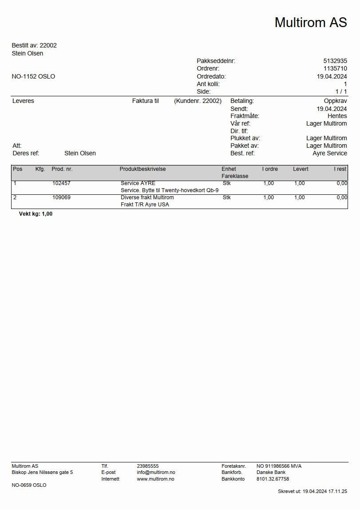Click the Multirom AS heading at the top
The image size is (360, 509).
pos(310,22)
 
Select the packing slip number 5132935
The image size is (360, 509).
pos(335,61)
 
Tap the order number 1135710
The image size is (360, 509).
pos(335,68)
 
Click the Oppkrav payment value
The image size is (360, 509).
pos(335,101)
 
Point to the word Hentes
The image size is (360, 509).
pos(337,116)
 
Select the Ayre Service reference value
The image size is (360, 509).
pos(330,153)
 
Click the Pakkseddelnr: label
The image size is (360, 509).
pos(216,61)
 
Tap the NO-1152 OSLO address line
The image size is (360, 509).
pos(33,76)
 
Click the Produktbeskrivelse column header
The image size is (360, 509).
pos(142,169)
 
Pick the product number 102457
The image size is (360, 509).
pos(61,183)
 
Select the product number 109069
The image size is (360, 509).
pos(61,197)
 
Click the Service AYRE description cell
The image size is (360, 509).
pos(138,183)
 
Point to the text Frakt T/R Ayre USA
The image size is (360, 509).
pos(145,205)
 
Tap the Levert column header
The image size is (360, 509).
pos(301,169)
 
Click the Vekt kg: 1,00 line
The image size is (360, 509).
pos(36,214)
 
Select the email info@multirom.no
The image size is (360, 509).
pos(156,473)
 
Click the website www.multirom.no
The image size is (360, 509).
pos(155,479)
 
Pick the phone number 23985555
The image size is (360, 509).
pos(148,466)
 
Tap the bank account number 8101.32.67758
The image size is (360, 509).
pos(273,479)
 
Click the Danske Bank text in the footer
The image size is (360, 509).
pos(271,473)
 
